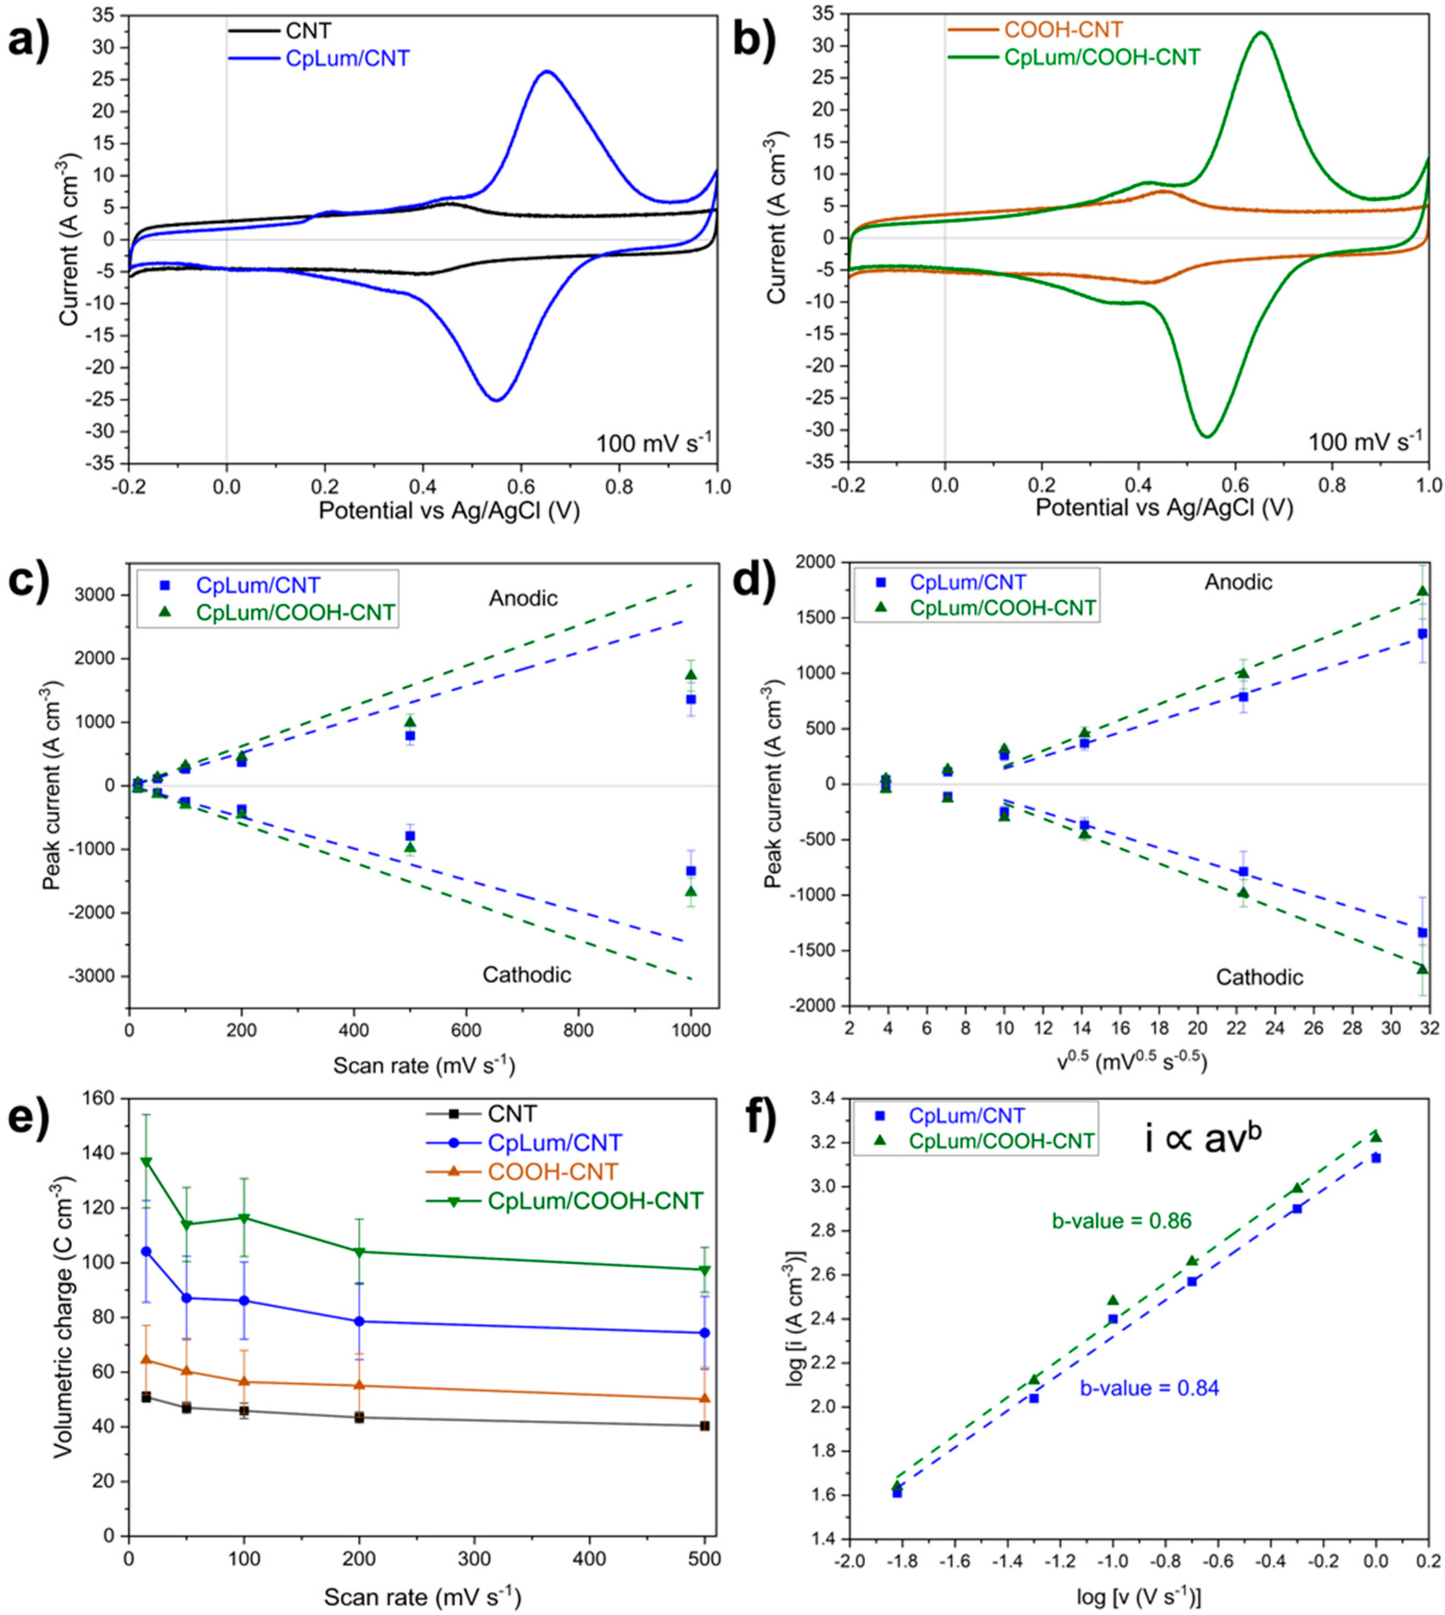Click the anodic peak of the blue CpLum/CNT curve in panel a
tap(546, 71)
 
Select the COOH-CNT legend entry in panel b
tap(1063, 30)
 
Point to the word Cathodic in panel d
tap(1259, 977)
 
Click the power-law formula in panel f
tap(1203, 1141)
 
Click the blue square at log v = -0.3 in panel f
tap(1297, 1209)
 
